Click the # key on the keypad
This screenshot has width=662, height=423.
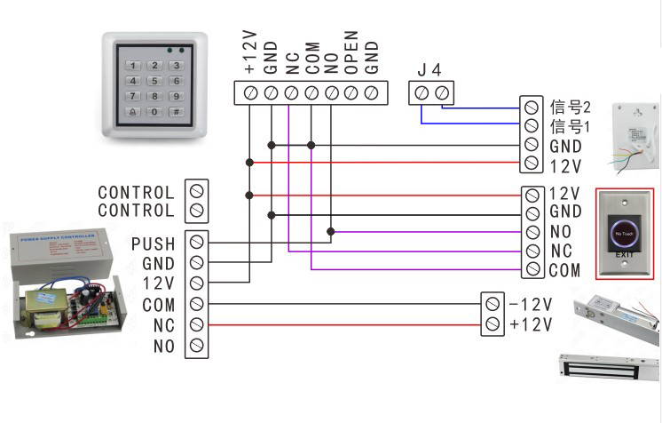[177, 112]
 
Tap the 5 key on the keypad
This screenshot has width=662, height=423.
[155, 81]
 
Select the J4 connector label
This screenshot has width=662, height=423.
[430, 69]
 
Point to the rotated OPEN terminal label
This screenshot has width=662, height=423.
[351, 54]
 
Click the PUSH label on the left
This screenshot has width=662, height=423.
[154, 243]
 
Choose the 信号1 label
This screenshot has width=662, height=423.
[570, 127]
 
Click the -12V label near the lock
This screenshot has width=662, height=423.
[531, 305]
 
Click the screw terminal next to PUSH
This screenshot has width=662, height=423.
[197, 243]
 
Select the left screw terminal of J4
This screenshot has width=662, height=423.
[422, 92]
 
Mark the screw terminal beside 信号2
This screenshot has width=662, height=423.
[532, 108]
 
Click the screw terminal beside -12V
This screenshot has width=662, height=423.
[493, 305]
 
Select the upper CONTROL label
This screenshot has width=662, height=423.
[136, 192]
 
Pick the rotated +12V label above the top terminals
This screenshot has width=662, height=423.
[250, 52]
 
